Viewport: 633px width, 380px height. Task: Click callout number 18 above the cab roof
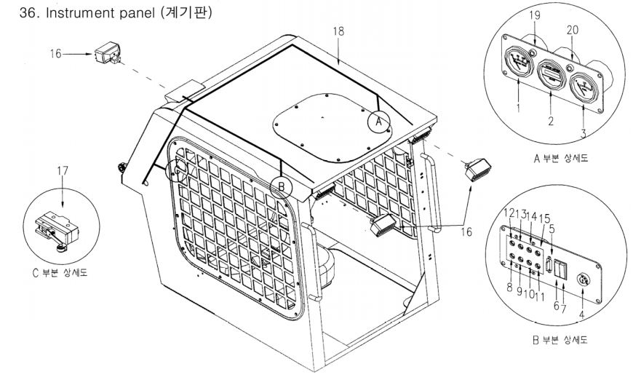coord(338,31)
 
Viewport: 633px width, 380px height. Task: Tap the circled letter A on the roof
coord(378,121)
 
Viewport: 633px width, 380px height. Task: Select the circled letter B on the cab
coord(282,187)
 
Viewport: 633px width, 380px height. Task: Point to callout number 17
coord(63,171)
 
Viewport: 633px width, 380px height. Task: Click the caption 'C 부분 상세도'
coord(60,272)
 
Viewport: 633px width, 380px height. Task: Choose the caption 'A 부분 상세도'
coord(561,158)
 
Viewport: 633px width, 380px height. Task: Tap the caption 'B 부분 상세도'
coord(560,340)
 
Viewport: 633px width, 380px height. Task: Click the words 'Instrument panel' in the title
coord(100,13)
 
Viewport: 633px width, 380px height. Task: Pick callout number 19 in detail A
coord(535,15)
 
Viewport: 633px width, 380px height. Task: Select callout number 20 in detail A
coord(573,30)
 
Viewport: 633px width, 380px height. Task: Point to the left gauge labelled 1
coord(517,62)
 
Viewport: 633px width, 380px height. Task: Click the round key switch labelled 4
coord(583,280)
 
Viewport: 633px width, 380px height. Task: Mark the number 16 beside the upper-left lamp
coord(56,54)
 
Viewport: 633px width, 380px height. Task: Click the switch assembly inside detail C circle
coord(57,229)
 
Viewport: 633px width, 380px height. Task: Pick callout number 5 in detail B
coord(552,229)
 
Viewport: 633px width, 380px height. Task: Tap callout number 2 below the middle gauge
coord(551,121)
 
